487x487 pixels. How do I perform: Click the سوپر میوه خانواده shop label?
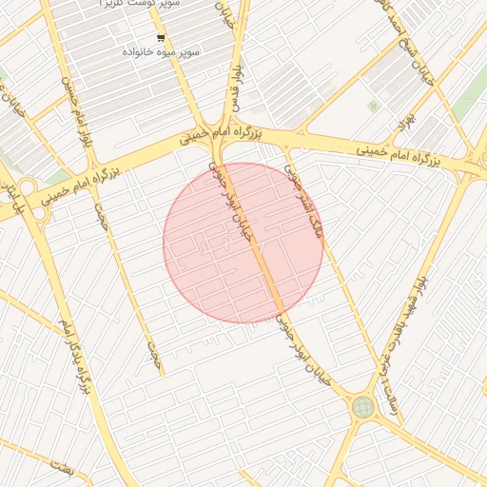[x=160, y=52]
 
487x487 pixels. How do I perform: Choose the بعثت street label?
[x=63, y=469]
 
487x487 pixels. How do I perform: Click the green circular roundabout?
[x=362, y=407]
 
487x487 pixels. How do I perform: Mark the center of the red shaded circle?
[x=243, y=243]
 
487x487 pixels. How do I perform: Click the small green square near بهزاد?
[x=373, y=106]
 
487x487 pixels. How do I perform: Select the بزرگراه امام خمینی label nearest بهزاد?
[x=399, y=151]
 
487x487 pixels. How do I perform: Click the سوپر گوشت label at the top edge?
[x=133, y=5]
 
